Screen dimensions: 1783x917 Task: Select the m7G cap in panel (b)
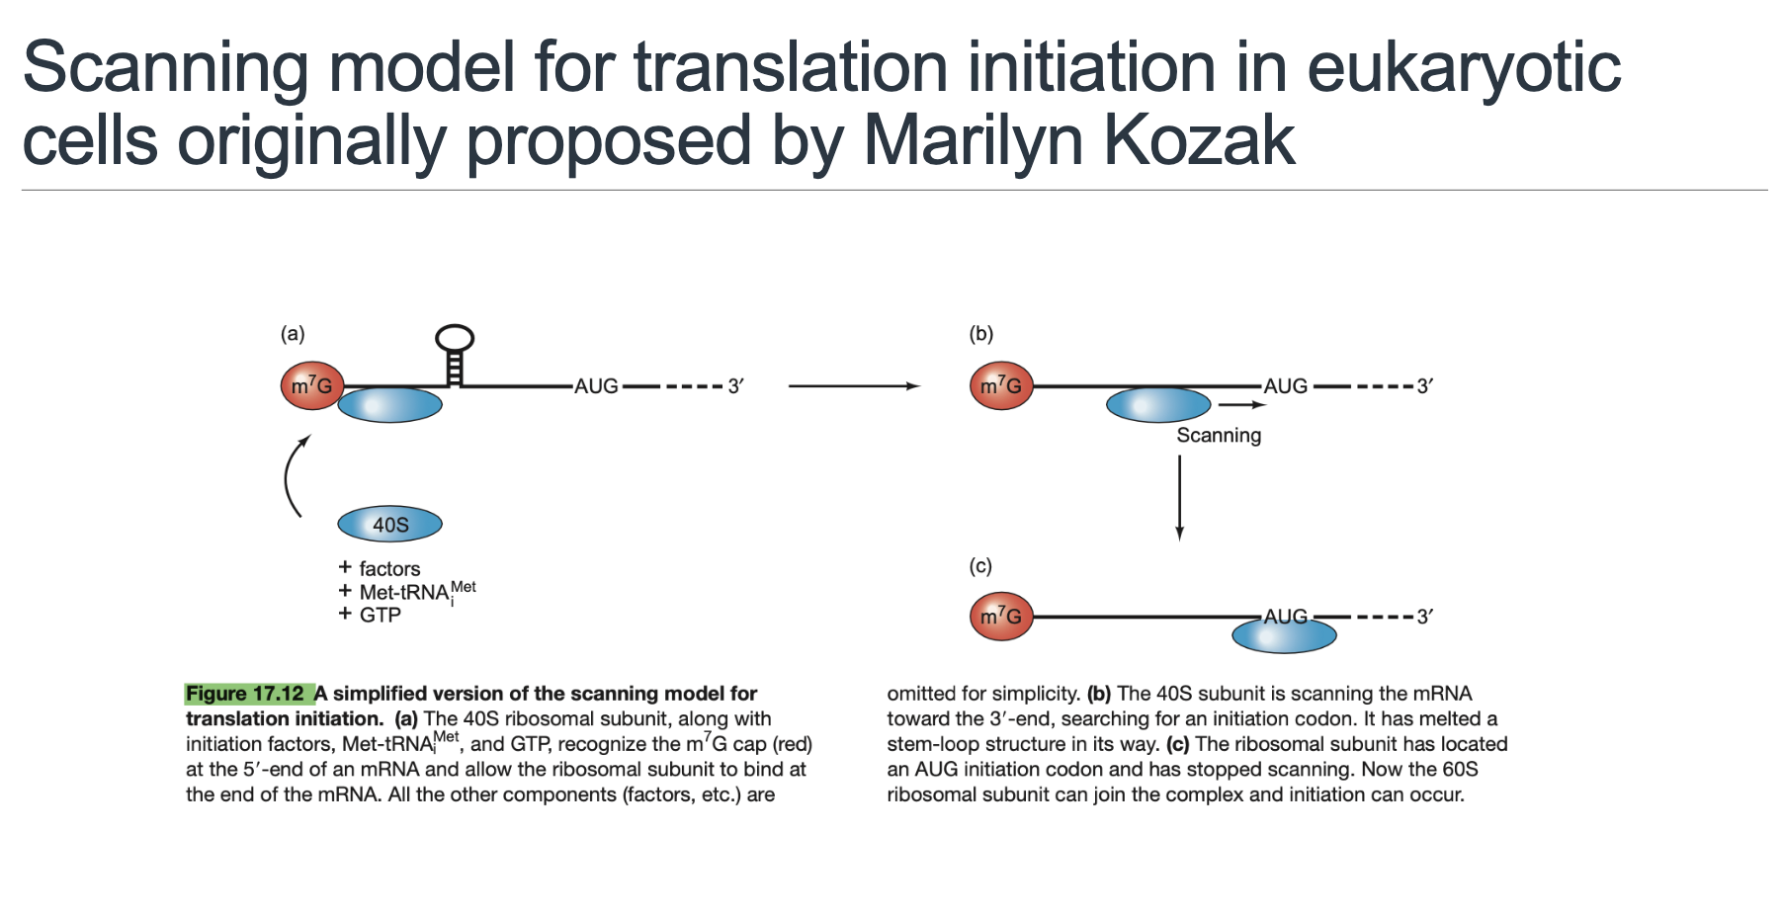click(1001, 385)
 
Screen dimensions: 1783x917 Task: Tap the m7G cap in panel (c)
click(1001, 617)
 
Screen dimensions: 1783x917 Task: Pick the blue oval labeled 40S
click(389, 524)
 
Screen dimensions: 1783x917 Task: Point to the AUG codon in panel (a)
click(596, 386)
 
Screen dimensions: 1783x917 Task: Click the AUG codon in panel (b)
click(1285, 386)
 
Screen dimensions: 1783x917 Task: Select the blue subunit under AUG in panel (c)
click(1284, 635)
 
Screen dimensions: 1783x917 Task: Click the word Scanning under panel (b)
click(1219, 436)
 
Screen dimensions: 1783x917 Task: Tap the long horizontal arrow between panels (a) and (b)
click(854, 386)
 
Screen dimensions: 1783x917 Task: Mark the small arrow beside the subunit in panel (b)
click(1241, 404)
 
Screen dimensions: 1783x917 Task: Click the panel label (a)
click(293, 334)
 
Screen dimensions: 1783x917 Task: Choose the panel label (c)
click(980, 566)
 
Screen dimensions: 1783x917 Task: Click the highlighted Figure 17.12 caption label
click(247, 694)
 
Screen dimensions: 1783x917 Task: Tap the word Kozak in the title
click(1199, 140)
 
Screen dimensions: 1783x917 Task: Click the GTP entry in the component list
click(380, 615)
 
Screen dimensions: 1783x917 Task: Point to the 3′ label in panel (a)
click(735, 386)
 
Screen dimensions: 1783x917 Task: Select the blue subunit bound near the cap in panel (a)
click(389, 405)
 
